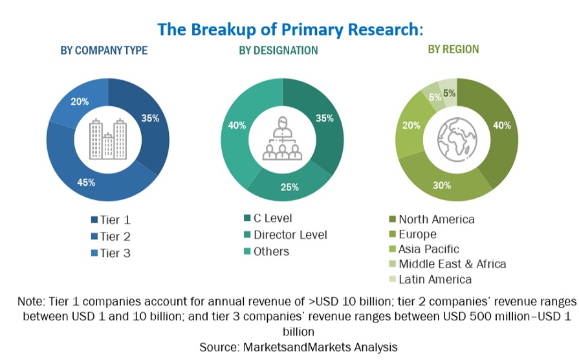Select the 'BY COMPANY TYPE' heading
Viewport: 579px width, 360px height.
point(104,51)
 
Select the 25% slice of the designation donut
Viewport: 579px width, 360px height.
point(289,188)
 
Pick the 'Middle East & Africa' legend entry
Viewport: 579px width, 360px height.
point(452,264)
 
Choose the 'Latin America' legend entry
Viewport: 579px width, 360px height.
point(435,280)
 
